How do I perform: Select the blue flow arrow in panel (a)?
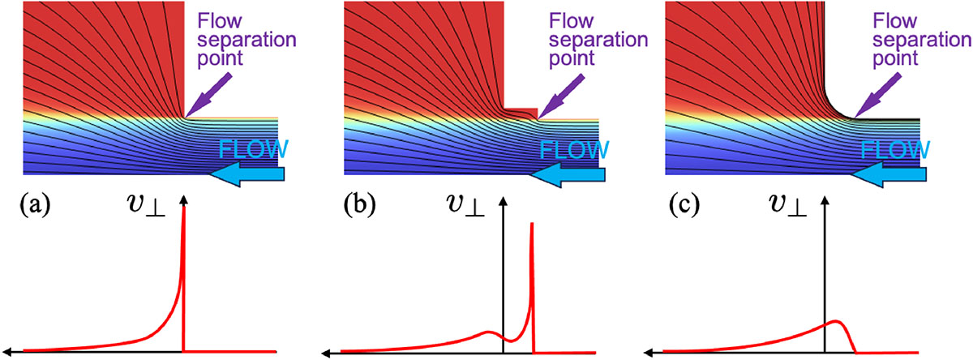click(247, 174)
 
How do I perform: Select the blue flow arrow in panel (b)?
click(567, 174)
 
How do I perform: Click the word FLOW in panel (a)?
click(253, 151)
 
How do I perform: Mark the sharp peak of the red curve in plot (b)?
click(532, 225)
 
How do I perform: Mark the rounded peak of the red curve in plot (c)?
click(835, 322)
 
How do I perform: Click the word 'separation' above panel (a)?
click(241, 40)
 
